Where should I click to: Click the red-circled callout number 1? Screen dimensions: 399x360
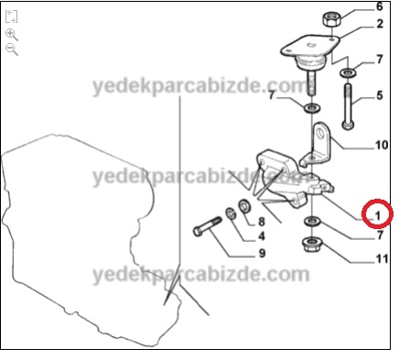pyautogui.click(x=378, y=216)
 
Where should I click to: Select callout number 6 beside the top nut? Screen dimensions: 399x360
pyautogui.click(x=380, y=6)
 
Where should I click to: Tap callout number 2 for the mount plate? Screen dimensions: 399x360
pyautogui.click(x=380, y=24)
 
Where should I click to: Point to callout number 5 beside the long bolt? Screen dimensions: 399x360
pyautogui.click(x=380, y=95)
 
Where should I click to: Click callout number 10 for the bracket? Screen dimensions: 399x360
pyautogui.click(x=382, y=145)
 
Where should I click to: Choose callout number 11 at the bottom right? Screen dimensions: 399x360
pyautogui.click(x=382, y=259)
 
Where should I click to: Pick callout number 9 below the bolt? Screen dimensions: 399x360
pyautogui.click(x=262, y=253)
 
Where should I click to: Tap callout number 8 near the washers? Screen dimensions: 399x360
pyautogui.click(x=262, y=222)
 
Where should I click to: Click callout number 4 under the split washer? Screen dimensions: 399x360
pyautogui.click(x=262, y=236)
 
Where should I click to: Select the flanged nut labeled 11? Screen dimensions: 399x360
pyautogui.click(x=311, y=244)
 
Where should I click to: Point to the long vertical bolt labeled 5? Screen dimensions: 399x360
pyautogui.click(x=349, y=106)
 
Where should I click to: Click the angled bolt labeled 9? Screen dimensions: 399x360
pyautogui.click(x=208, y=226)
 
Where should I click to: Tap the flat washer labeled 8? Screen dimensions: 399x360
pyautogui.click(x=244, y=206)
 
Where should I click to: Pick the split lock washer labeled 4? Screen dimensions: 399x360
pyautogui.click(x=232, y=213)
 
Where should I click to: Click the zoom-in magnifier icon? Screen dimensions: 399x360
pyautogui.click(x=12, y=35)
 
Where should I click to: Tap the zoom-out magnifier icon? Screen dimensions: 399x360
pyautogui.click(x=12, y=49)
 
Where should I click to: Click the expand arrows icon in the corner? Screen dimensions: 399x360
pyautogui.click(x=12, y=16)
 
